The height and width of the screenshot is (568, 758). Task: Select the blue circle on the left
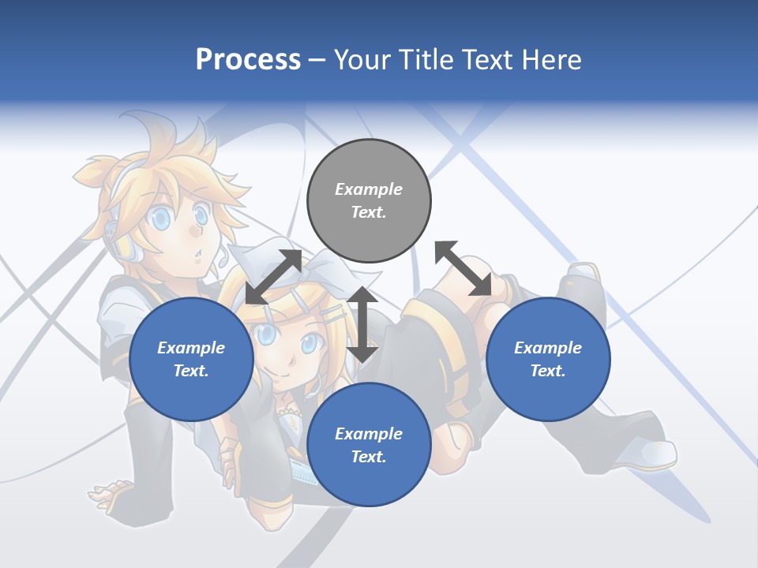click(191, 359)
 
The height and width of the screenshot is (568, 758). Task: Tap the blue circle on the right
click(548, 359)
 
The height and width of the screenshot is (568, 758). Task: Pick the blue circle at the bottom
click(369, 445)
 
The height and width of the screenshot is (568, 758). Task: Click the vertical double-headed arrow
click(362, 324)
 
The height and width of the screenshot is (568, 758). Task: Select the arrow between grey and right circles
click(463, 268)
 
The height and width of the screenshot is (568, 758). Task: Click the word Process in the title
click(248, 59)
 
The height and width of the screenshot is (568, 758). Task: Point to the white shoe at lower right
click(652, 454)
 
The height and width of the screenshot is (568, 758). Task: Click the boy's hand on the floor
click(111, 497)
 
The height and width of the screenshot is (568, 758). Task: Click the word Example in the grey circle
click(369, 189)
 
